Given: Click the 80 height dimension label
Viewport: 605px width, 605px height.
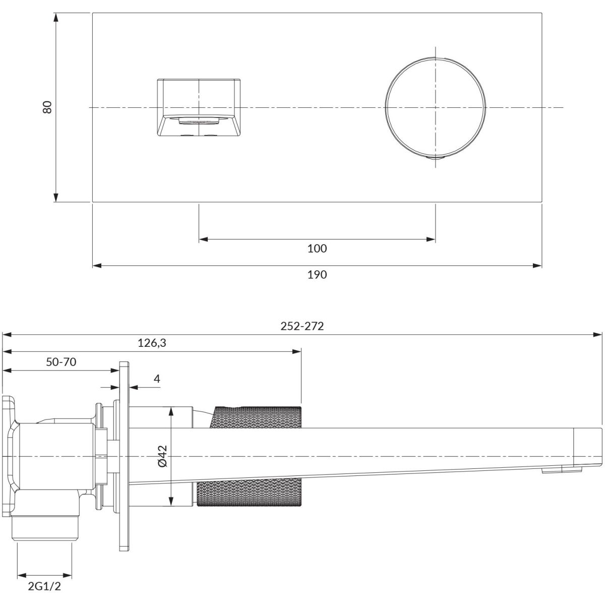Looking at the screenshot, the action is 48,107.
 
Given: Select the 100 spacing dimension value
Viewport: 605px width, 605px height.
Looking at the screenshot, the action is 317,249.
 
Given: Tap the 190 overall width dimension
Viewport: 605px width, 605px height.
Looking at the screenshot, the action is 317,275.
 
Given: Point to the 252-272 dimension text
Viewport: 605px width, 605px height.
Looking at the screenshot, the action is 302,326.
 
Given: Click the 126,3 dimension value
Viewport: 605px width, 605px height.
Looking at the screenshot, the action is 152,343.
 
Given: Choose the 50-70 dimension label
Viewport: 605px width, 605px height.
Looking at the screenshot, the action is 61,362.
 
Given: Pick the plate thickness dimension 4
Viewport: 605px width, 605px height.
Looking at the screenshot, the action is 157,379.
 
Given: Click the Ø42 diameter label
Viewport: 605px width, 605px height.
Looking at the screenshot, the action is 163,456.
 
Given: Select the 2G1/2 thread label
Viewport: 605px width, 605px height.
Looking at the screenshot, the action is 44,586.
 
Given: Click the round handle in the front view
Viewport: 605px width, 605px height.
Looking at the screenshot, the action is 436,108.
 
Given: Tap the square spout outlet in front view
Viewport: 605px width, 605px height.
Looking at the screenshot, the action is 199,108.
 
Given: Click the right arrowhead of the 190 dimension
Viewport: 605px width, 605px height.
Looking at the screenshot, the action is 537,266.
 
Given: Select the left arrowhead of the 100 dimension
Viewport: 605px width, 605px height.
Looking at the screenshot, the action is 204,239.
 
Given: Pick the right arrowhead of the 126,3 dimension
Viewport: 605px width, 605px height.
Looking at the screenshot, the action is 296,351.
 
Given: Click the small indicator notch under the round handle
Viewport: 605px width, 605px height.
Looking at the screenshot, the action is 436,157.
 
